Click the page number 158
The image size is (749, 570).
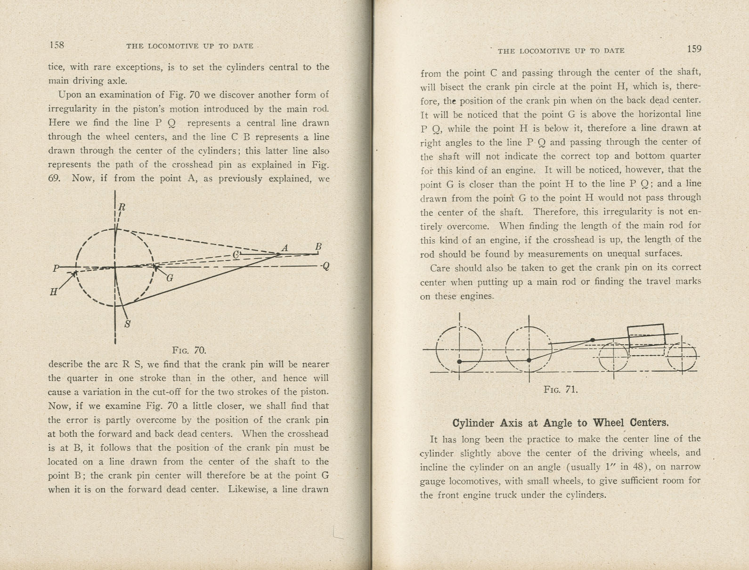[x=57, y=45]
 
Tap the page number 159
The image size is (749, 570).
[x=694, y=49]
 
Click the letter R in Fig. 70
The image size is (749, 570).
[x=122, y=207]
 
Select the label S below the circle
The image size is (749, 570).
[x=127, y=324]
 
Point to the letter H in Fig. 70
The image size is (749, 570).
[x=54, y=292]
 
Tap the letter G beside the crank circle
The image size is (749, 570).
[x=170, y=278]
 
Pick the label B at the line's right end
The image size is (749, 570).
[x=318, y=247]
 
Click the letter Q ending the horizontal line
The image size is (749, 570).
[x=326, y=267]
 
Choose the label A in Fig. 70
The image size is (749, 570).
[x=285, y=248]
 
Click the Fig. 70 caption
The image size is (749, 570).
[x=189, y=350]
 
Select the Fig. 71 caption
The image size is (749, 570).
[x=561, y=390]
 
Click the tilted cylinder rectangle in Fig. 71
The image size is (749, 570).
[x=646, y=335]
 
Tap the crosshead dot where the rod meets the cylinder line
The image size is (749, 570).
[x=593, y=340]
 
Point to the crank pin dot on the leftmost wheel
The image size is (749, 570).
[x=459, y=362]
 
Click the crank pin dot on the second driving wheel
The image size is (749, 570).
[x=529, y=360]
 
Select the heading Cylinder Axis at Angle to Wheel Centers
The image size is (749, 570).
[x=560, y=423]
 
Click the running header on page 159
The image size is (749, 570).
[x=561, y=51]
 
